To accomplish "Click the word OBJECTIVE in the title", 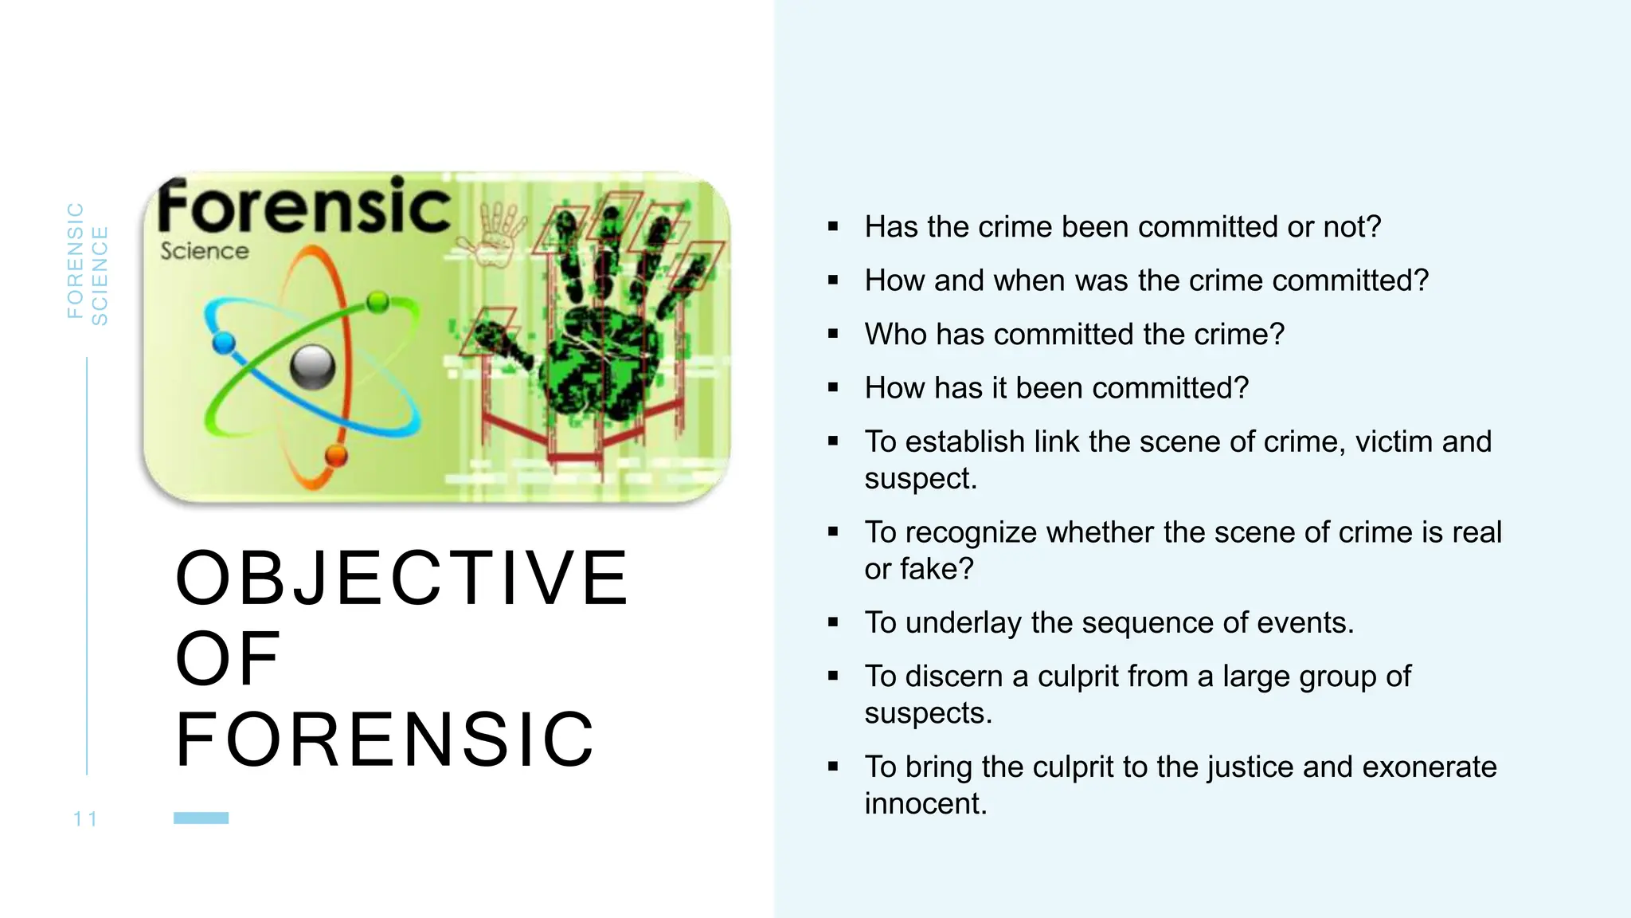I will tap(402, 578).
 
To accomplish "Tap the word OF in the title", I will tap(228, 659).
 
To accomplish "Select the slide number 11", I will tap(85, 819).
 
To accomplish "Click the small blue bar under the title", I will tap(201, 818).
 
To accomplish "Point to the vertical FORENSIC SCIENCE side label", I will tap(87, 263).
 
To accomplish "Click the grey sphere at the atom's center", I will tap(312, 367).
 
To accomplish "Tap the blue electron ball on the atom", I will tap(225, 343).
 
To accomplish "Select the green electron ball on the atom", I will tap(378, 302).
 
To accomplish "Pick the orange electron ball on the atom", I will tap(336, 456).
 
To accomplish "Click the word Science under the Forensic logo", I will tap(205, 251).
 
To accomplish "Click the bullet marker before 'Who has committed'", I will tap(833, 334).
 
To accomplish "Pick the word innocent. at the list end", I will tap(925, 803).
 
